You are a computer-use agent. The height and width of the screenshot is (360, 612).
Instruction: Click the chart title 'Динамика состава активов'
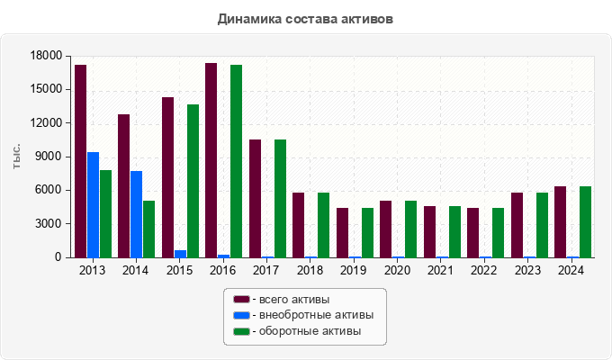tap(305, 19)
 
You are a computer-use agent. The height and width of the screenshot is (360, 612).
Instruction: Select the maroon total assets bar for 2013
tap(81, 161)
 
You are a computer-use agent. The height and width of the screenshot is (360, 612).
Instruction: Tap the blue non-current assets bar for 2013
tap(94, 205)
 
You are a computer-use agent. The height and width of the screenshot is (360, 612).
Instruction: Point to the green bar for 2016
tap(237, 161)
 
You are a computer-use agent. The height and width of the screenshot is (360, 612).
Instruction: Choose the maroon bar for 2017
tap(255, 198)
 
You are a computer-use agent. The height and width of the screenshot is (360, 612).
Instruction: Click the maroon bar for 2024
tap(560, 221)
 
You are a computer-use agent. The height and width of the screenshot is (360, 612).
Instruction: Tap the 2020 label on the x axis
tap(397, 270)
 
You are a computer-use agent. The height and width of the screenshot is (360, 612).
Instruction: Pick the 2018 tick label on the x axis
tap(310, 270)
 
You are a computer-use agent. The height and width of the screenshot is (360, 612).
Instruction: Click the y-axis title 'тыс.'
tap(17, 156)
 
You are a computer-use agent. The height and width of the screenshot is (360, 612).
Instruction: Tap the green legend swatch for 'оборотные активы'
tap(240, 332)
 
